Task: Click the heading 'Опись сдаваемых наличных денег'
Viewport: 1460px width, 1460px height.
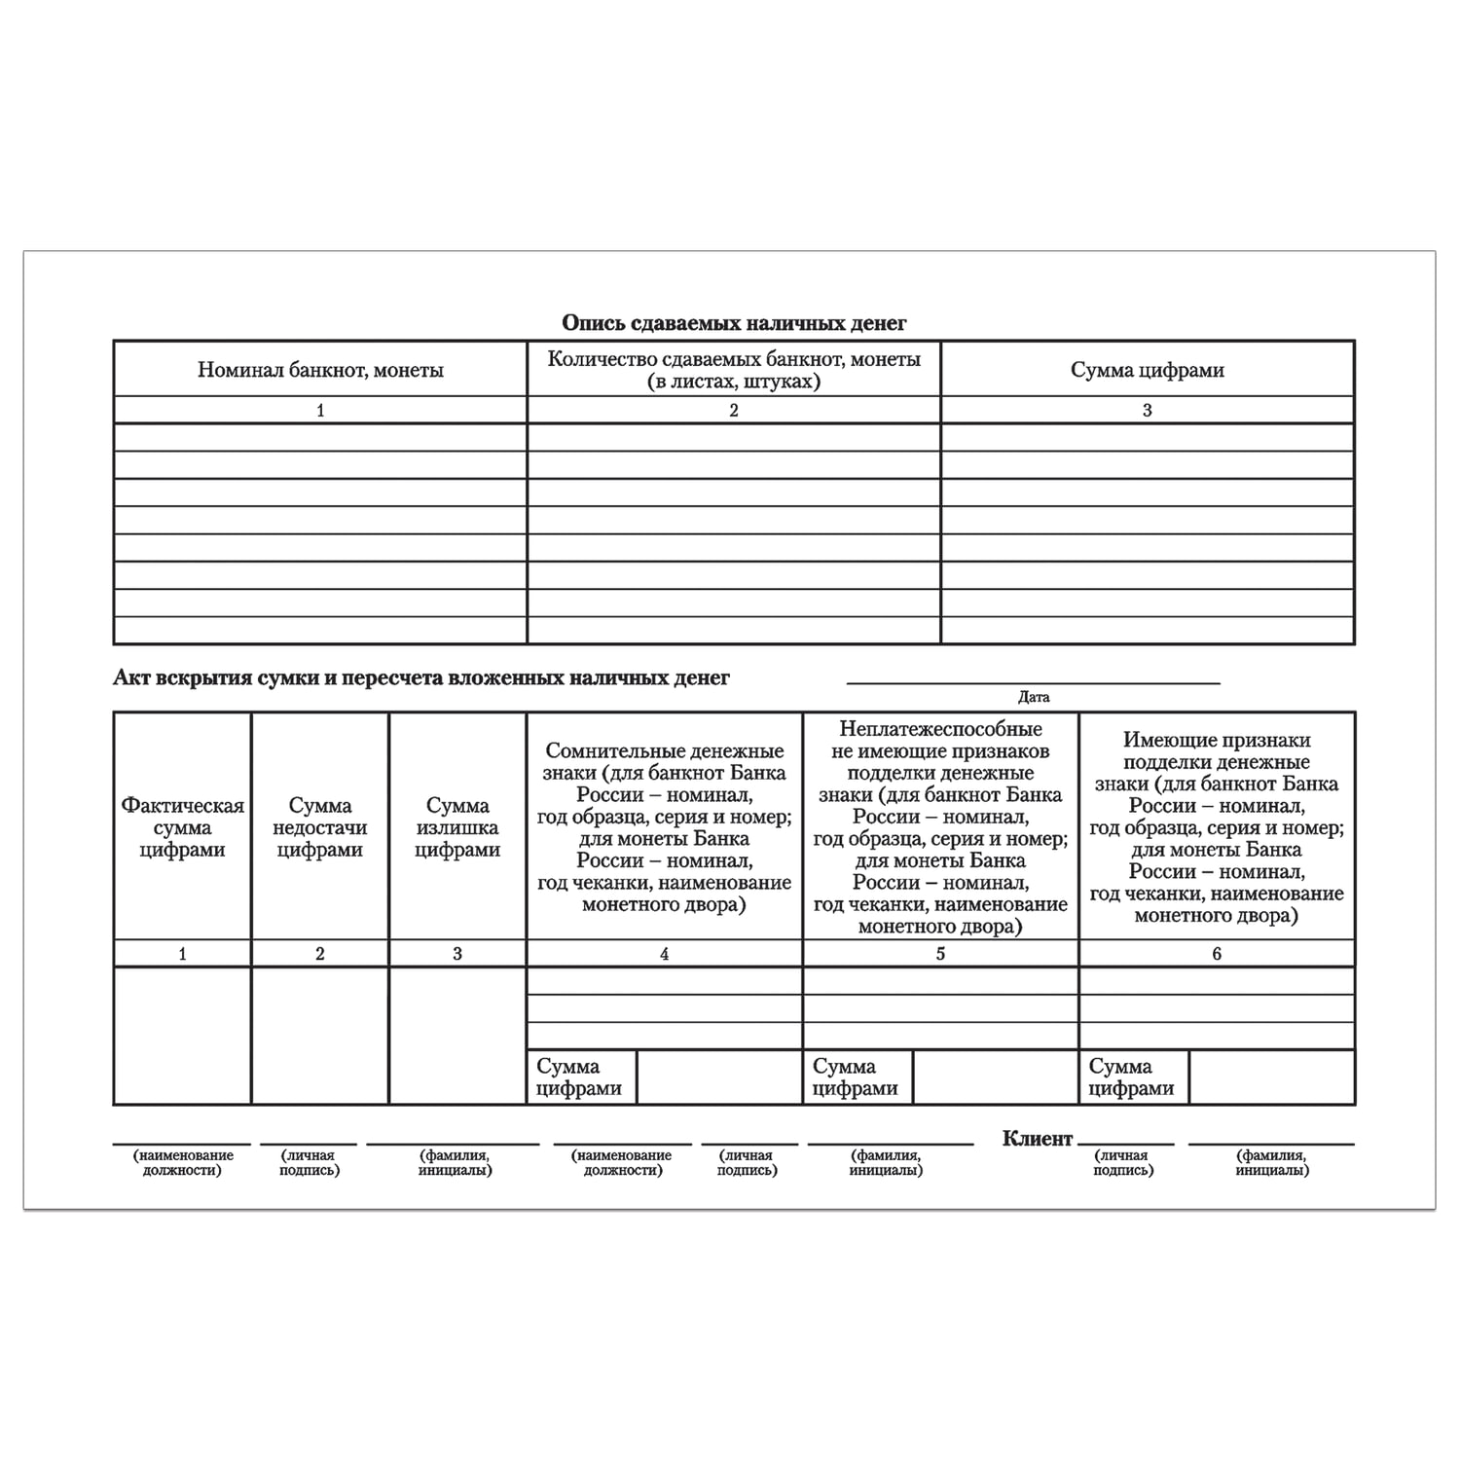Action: click(734, 322)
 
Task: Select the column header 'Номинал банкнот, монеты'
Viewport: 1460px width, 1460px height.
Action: click(320, 370)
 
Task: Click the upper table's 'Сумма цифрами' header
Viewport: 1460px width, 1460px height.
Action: click(1147, 370)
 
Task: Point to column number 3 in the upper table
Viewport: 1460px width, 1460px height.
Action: click(1147, 410)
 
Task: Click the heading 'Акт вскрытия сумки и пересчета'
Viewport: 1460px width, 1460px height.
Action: click(420, 677)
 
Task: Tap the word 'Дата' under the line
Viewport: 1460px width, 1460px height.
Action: click(1034, 697)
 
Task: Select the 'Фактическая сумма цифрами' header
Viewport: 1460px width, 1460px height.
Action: click(182, 827)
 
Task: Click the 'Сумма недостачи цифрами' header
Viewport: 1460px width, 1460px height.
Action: click(320, 827)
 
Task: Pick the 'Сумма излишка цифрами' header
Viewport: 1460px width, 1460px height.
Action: click(457, 827)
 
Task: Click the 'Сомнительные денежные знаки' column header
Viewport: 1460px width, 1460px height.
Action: click(664, 827)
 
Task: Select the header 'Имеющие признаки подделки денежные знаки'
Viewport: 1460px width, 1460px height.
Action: click(1217, 827)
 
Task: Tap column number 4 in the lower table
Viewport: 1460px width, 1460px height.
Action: click(664, 954)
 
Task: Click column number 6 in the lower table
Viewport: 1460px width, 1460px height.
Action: click(1217, 954)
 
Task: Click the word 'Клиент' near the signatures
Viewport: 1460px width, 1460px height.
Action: click(1038, 1139)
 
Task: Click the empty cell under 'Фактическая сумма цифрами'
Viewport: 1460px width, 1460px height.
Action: click(182, 1036)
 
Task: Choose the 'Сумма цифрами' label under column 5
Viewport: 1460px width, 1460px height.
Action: click(856, 1077)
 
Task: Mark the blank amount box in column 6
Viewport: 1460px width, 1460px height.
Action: click(1271, 1077)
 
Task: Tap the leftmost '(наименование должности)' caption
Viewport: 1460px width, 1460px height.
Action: click(182, 1162)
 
